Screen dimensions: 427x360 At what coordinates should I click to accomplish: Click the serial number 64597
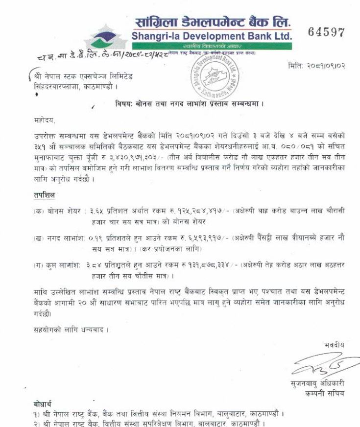[326, 32]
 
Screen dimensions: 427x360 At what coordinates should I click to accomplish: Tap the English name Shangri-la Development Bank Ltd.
[212, 36]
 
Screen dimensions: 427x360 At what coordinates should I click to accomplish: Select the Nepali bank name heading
[213, 22]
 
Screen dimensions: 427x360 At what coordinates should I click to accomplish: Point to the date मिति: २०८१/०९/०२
[316, 66]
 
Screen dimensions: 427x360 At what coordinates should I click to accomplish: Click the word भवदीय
[335, 345]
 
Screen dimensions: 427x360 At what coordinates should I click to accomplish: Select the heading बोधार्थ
[43, 405]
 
